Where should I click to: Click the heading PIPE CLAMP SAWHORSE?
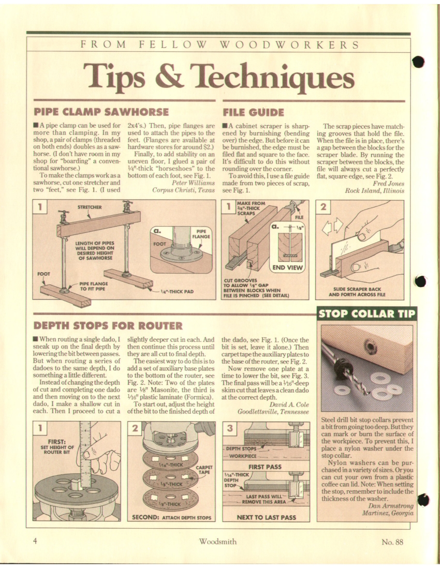101,112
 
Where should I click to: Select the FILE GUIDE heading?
253,112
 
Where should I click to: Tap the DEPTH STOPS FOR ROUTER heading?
108,325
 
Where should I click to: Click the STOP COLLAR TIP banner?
366,313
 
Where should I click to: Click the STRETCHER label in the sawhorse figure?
90,207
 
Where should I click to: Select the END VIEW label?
287,268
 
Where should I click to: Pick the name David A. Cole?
289,405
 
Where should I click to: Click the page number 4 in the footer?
35,542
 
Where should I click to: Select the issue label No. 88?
392,542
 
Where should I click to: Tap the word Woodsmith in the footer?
217,542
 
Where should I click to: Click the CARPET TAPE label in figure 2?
204,470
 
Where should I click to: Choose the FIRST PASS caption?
265,467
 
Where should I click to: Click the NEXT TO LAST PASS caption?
266,517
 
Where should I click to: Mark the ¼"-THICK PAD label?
177,291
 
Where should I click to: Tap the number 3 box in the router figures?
230,429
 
